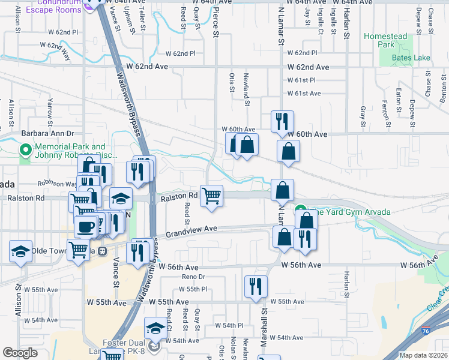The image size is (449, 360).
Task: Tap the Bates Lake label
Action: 411,58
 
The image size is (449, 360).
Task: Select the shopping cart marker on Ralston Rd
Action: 211,196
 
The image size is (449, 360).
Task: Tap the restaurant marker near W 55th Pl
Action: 256,287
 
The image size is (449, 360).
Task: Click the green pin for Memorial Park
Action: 25,149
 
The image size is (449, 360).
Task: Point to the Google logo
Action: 20,353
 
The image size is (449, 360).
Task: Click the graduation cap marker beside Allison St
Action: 21,251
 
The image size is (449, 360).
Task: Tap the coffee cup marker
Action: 85,226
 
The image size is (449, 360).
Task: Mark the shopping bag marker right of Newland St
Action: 247,145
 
